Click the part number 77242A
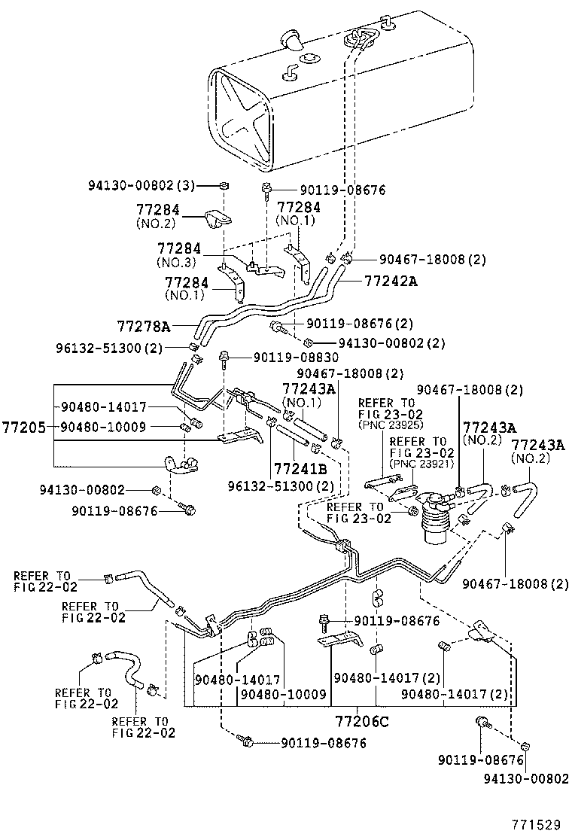391,281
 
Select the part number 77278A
144,326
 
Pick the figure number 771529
537,823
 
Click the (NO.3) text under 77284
175,262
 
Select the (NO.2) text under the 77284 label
155,224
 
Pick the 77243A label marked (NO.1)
308,388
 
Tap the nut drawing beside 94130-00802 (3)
224,186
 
